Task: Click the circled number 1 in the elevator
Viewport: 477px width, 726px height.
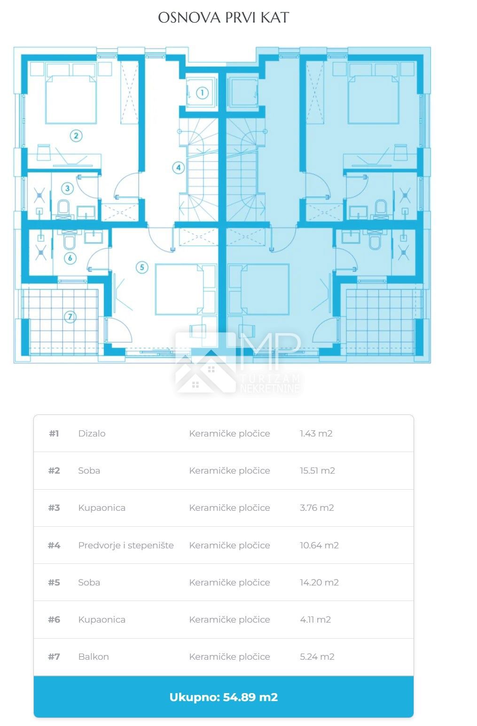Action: click(202, 93)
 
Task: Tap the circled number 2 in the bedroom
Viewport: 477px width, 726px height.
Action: click(76, 135)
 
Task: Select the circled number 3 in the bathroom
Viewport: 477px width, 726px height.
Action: click(67, 188)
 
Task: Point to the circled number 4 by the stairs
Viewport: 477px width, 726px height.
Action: click(178, 168)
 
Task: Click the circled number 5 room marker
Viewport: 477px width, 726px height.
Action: click(142, 267)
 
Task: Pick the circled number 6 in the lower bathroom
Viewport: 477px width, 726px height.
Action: click(70, 258)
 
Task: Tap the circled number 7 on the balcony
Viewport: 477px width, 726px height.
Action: click(70, 317)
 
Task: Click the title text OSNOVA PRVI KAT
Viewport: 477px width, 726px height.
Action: click(223, 18)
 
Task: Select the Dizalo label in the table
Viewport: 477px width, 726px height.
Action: click(92, 434)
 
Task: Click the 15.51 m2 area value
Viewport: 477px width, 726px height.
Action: click(317, 470)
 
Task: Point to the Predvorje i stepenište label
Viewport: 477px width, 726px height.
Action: click(126, 546)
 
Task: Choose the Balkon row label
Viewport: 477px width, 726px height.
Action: click(94, 656)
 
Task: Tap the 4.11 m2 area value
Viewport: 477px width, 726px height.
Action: click(315, 620)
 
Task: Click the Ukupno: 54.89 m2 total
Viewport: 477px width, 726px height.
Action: click(224, 697)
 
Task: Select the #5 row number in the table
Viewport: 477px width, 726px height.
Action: click(54, 582)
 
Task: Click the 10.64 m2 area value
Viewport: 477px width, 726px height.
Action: click(319, 546)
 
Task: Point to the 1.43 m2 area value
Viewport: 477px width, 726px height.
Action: click(316, 434)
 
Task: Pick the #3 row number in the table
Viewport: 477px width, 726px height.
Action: click(54, 508)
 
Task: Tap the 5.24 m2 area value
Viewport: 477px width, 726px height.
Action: click(317, 656)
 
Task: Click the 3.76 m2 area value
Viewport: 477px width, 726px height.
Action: click(317, 508)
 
